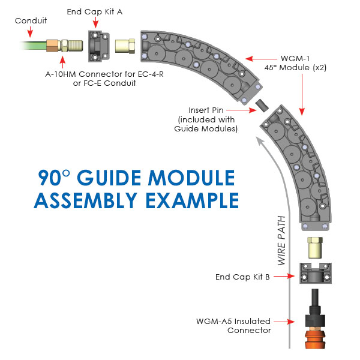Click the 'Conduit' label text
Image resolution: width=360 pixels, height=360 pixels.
pos(29,20)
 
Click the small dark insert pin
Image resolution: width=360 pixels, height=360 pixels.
pos(262,106)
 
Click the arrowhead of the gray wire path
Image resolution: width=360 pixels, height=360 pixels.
pos(259,142)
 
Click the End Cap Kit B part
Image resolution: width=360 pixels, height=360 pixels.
pos(314,274)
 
